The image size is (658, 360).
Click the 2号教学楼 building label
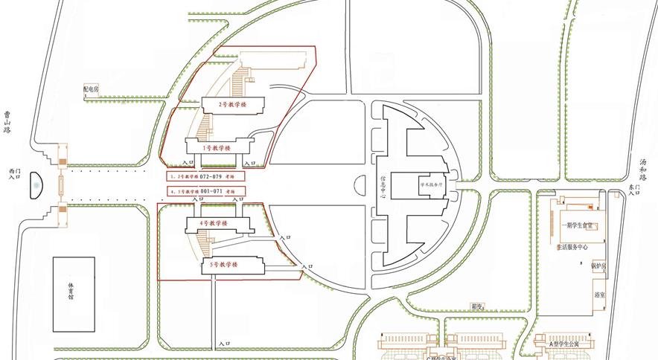[x=232, y=105]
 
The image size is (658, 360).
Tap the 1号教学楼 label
[x=217, y=148]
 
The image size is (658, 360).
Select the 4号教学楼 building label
[x=213, y=223]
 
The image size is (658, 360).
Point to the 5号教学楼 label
[x=223, y=265]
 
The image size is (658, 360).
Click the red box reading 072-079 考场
[x=205, y=177]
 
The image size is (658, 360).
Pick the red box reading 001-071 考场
[x=205, y=192]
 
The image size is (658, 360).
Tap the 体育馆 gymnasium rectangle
[x=74, y=295]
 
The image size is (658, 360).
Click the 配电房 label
[x=91, y=89]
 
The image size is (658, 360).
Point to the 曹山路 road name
[x=7, y=122]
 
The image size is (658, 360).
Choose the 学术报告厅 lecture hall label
[x=431, y=184]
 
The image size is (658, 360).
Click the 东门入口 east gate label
[x=633, y=190]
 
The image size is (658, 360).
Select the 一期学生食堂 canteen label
[x=578, y=226]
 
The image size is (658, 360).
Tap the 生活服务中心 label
[x=572, y=247]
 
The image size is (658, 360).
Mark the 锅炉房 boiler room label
[x=598, y=266]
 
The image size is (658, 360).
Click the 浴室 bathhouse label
[x=599, y=295]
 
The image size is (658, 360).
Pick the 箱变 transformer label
[x=477, y=306]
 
